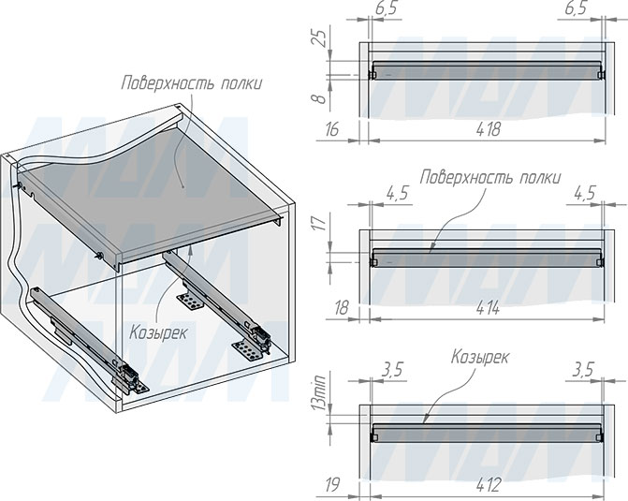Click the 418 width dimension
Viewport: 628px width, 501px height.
[x=488, y=129]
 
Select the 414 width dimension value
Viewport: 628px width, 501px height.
[x=488, y=308]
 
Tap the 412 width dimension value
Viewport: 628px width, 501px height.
[x=489, y=485]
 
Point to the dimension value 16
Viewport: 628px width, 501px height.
[x=332, y=129]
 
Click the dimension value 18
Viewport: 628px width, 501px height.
[x=341, y=308]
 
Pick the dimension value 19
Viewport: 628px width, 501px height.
[x=333, y=485]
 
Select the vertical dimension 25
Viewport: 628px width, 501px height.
[x=319, y=37]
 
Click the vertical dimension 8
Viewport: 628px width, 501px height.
[x=319, y=98]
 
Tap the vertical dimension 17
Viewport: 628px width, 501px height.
[x=319, y=222]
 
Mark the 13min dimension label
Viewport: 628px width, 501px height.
[x=320, y=390]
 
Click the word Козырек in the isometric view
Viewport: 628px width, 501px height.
[x=158, y=332]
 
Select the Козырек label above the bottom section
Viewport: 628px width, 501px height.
[x=480, y=357]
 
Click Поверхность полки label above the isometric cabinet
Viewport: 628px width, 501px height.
[x=192, y=83]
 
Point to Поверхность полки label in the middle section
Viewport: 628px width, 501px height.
[x=490, y=177]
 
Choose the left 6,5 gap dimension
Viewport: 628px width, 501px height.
[x=387, y=8]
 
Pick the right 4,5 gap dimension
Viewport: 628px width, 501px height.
[x=585, y=193]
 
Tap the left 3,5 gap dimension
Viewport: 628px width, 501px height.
[x=392, y=370]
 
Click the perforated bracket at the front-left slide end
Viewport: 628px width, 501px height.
[x=139, y=386]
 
